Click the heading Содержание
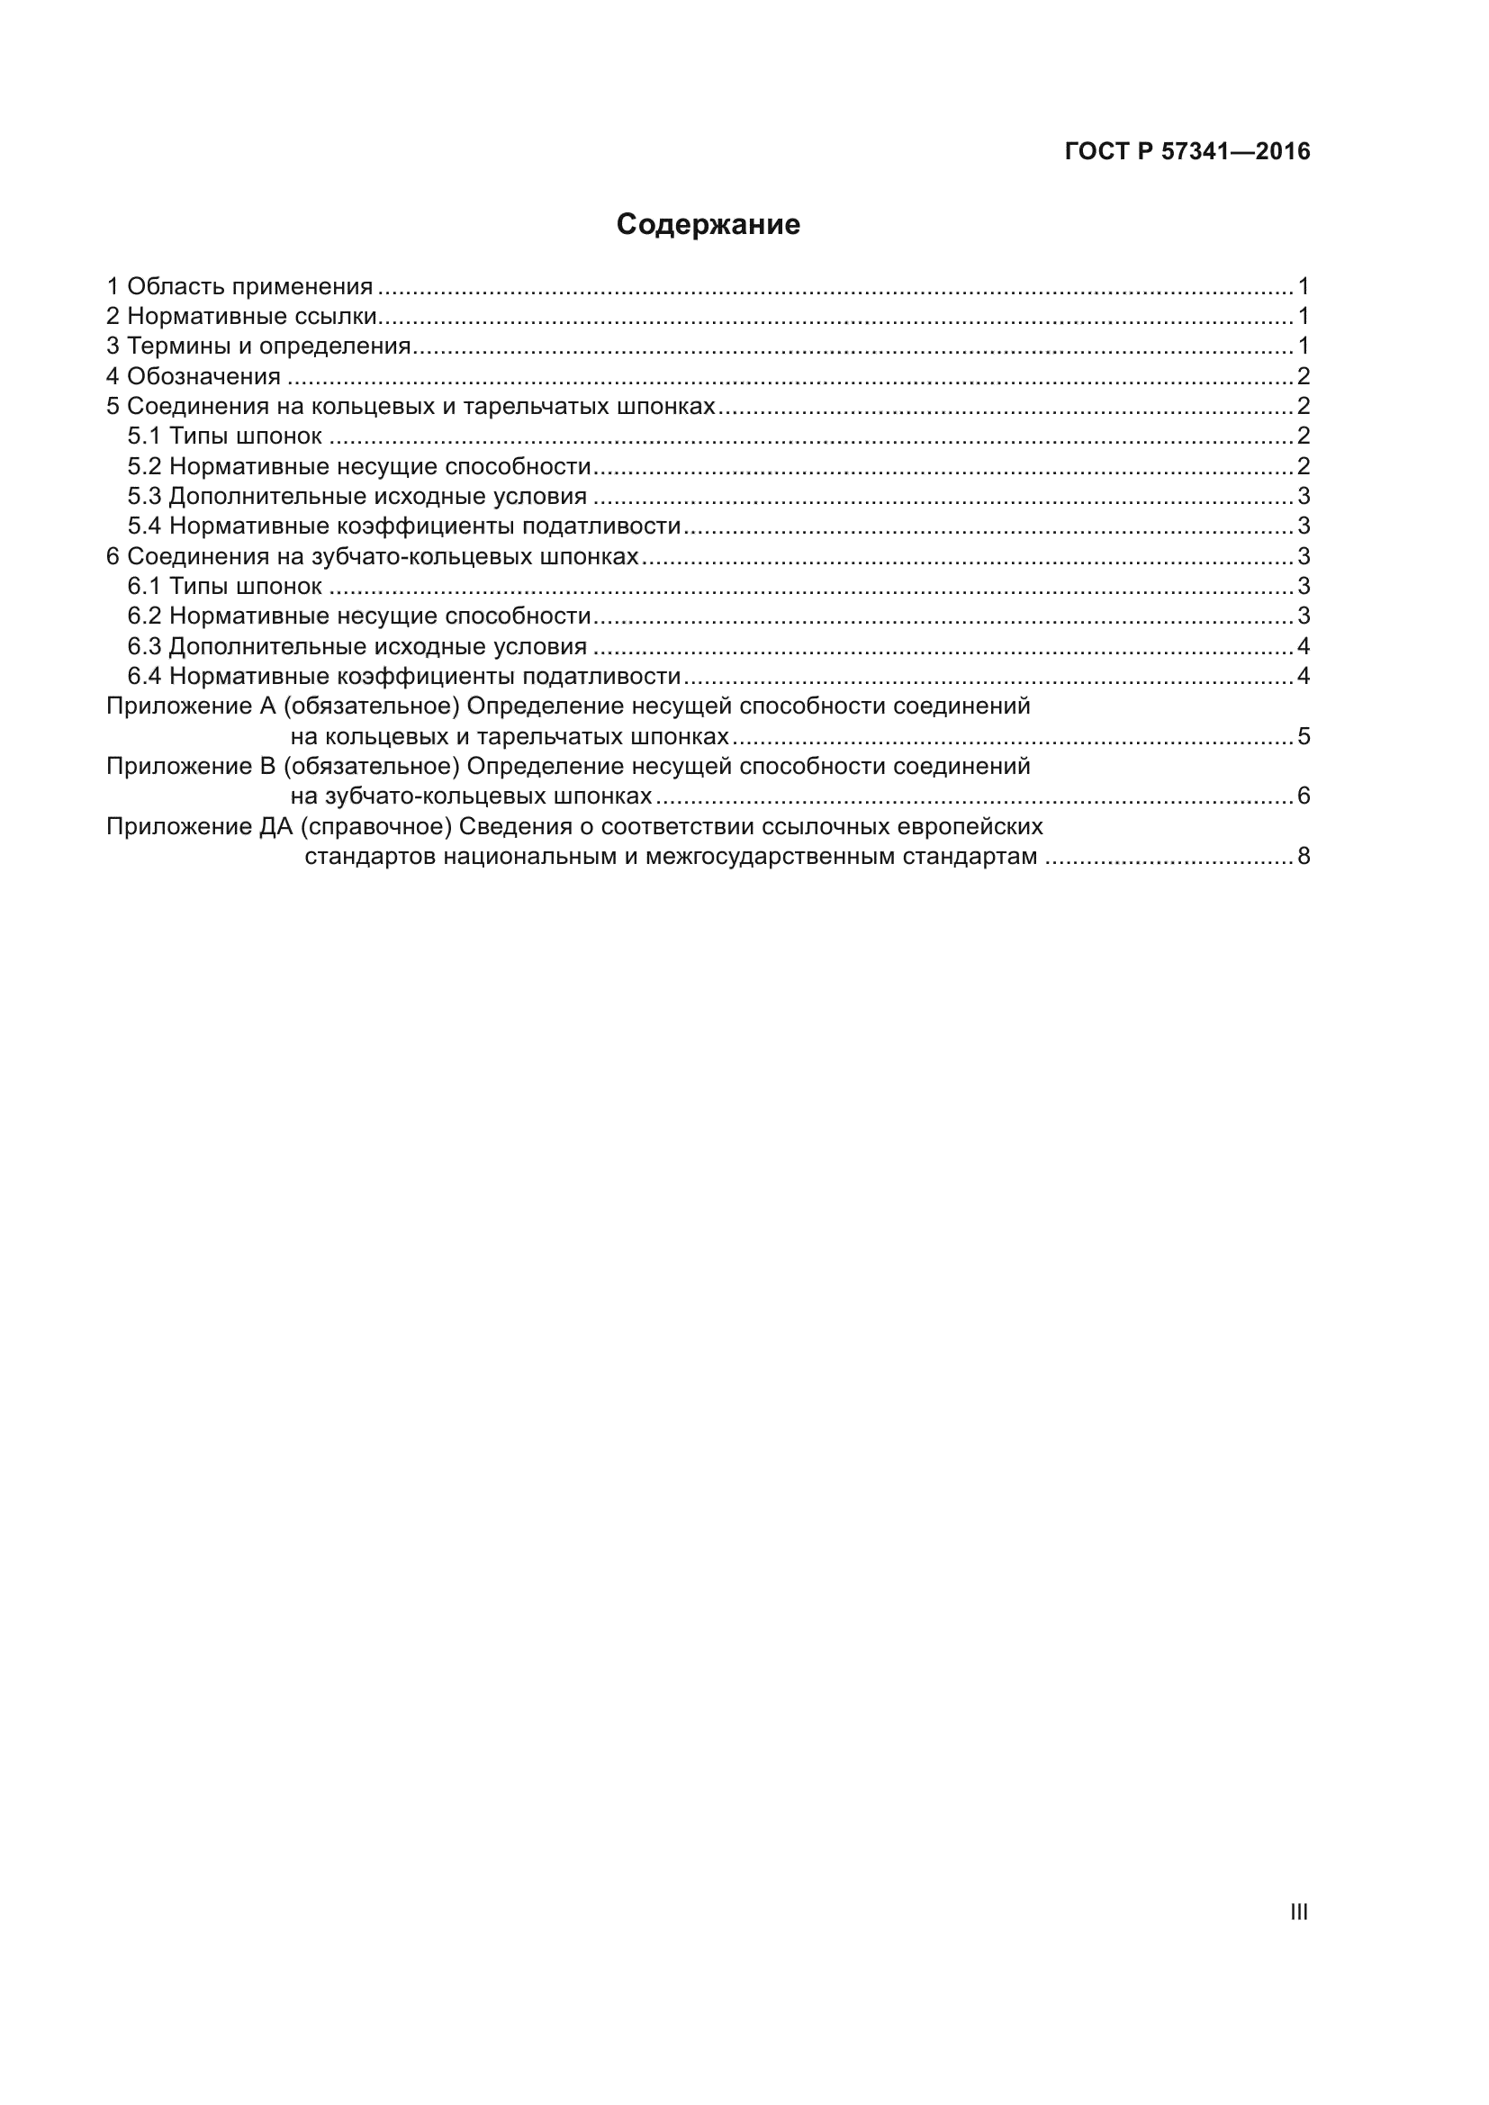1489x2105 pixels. click(708, 225)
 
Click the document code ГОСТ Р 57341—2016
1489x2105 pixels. click(1187, 151)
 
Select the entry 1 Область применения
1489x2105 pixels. click(240, 287)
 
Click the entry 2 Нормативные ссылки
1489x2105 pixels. click(242, 317)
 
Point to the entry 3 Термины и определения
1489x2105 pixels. click(258, 346)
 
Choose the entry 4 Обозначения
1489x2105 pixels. click(194, 377)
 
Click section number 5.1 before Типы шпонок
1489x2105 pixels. click(144, 436)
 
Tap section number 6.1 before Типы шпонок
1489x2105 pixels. click(144, 587)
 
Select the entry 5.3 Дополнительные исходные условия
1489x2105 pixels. click(356, 497)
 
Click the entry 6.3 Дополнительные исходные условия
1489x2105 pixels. click(356, 647)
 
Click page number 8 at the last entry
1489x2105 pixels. click(1303, 858)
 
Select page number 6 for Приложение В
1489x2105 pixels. click(1303, 796)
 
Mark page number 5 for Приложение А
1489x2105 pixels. click(1303, 737)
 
